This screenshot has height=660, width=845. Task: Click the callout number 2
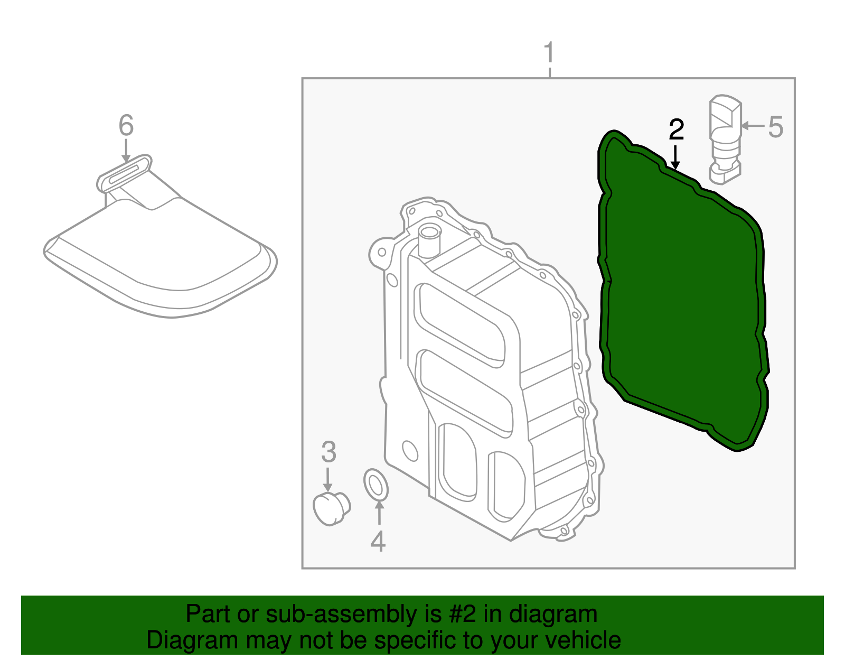point(676,130)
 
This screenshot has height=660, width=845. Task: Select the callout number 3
point(328,452)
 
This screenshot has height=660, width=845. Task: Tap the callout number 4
point(378,541)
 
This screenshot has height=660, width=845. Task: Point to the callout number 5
point(775,127)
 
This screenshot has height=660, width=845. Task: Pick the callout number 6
point(126,126)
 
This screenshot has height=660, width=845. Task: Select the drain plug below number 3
point(331,508)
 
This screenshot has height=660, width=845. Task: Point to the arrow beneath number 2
point(675,158)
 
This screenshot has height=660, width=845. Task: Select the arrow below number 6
point(126,150)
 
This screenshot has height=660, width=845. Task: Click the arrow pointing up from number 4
point(379,512)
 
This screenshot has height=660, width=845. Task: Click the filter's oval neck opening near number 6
point(125,172)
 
